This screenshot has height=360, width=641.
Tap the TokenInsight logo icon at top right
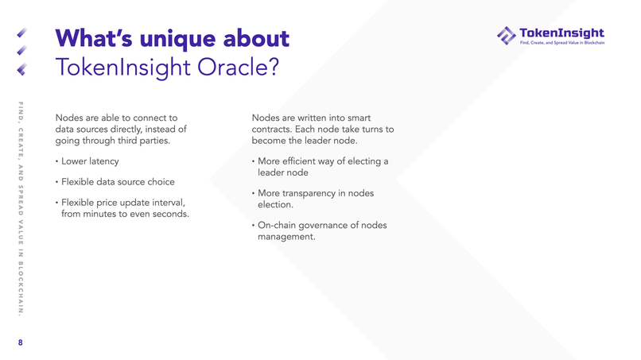pos(506,36)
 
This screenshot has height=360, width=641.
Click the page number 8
pos(21,343)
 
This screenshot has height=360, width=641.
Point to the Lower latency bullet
pos(89,162)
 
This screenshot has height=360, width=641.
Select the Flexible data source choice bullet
pos(117,182)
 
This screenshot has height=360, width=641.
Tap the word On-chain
pos(279,226)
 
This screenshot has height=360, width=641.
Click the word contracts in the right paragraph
pos(270,130)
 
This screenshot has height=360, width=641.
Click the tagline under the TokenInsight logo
pos(561,43)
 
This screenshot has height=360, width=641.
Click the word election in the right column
pos(275,205)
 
